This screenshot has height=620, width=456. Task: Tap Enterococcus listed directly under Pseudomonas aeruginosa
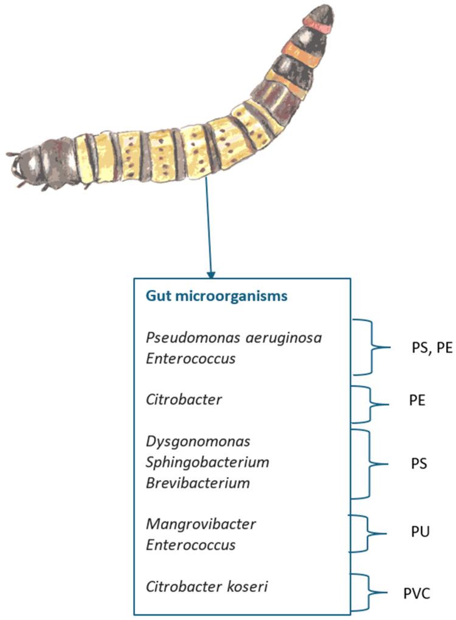190,359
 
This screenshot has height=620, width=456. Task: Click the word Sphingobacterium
207,462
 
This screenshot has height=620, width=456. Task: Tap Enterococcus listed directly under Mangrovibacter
190,545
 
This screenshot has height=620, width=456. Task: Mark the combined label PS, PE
428,349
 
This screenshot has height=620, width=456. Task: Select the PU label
420,532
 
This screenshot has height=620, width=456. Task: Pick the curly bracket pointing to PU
369,534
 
